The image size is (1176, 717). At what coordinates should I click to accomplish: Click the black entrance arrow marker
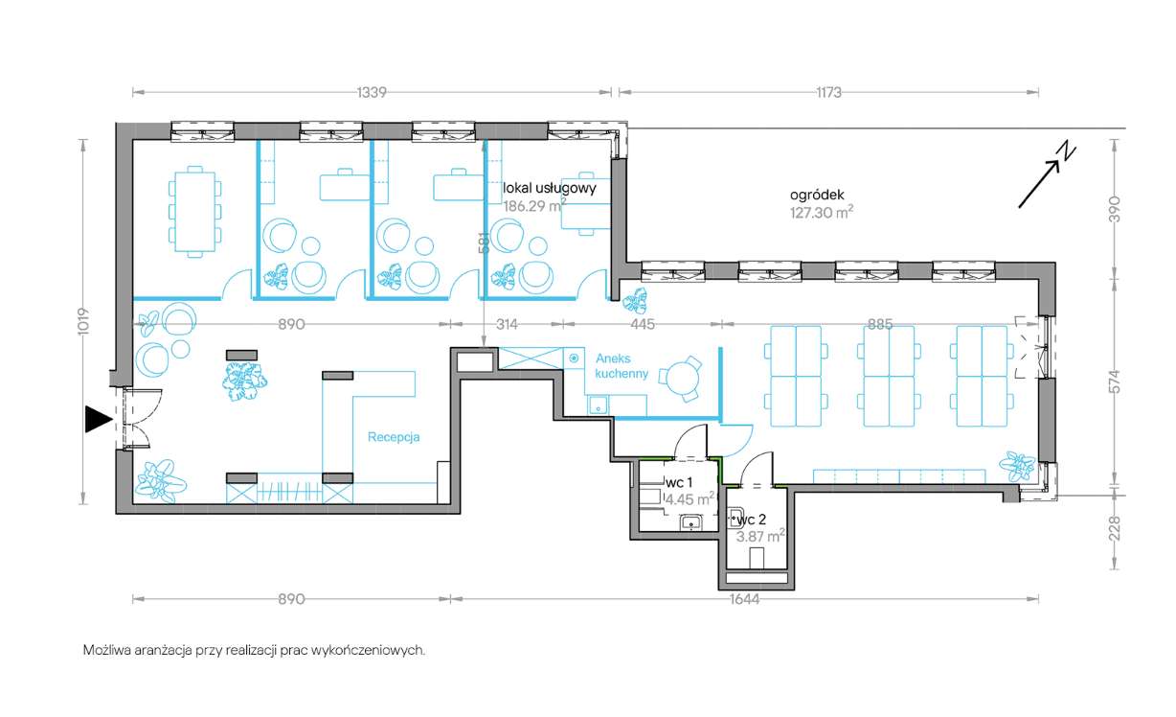click(x=98, y=419)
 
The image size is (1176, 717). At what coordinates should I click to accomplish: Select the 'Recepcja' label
click(x=394, y=437)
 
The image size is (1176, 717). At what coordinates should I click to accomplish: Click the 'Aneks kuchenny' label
click(x=622, y=366)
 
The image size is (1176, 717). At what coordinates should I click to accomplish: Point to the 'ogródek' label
click(x=817, y=195)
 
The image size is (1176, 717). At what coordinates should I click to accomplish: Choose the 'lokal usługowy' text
click(x=549, y=188)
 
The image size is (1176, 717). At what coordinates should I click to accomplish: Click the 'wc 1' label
click(x=679, y=482)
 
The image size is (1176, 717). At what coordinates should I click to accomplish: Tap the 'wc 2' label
click(x=752, y=520)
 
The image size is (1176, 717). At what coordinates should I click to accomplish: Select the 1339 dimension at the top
click(x=372, y=93)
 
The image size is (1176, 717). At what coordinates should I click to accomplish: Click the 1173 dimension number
click(x=828, y=93)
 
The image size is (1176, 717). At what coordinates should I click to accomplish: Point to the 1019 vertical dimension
click(x=83, y=321)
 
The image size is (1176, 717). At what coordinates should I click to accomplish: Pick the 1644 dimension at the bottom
click(x=744, y=599)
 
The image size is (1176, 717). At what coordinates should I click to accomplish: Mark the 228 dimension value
click(x=1116, y=528)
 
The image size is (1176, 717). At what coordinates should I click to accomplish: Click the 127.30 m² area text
click(x=822, y=213)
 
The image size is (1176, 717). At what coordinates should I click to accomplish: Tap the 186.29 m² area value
click(x=534, y=205)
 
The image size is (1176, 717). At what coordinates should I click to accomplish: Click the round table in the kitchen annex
click(x=681, y=379)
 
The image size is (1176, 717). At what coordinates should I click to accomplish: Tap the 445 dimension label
click(x=643, y=324)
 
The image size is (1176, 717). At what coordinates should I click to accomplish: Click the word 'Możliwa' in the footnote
click(x=107, y=650)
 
